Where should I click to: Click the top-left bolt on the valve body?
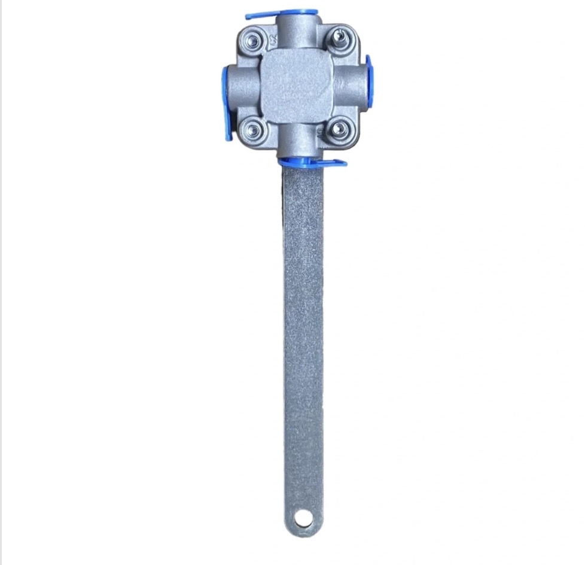(x=253, y=41)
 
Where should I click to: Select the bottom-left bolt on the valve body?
(x=254, y=129)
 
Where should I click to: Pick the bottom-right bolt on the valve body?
(x=339, y=128)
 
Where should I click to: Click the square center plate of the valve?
(x=297, y=86)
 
